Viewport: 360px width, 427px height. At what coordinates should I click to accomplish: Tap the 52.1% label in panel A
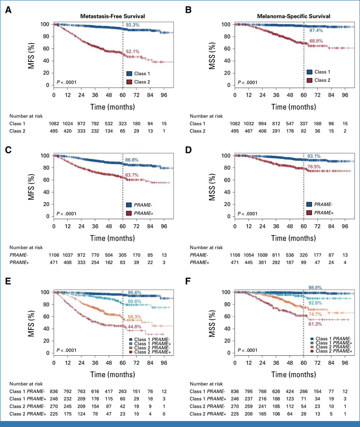click(x=132, y=52)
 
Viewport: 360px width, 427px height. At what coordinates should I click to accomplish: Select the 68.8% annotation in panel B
click(x=316, y=41)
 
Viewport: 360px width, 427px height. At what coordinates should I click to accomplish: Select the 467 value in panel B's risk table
click(x=248, y=131)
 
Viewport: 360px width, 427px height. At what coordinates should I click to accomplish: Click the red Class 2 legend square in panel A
click(x=129, y=82)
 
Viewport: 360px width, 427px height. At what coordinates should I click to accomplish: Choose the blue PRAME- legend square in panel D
click(x=310, y=205)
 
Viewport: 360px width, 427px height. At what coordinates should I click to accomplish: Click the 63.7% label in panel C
click(x=132, y=175)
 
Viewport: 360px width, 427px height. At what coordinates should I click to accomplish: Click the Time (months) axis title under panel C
click(x=113, y=238)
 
